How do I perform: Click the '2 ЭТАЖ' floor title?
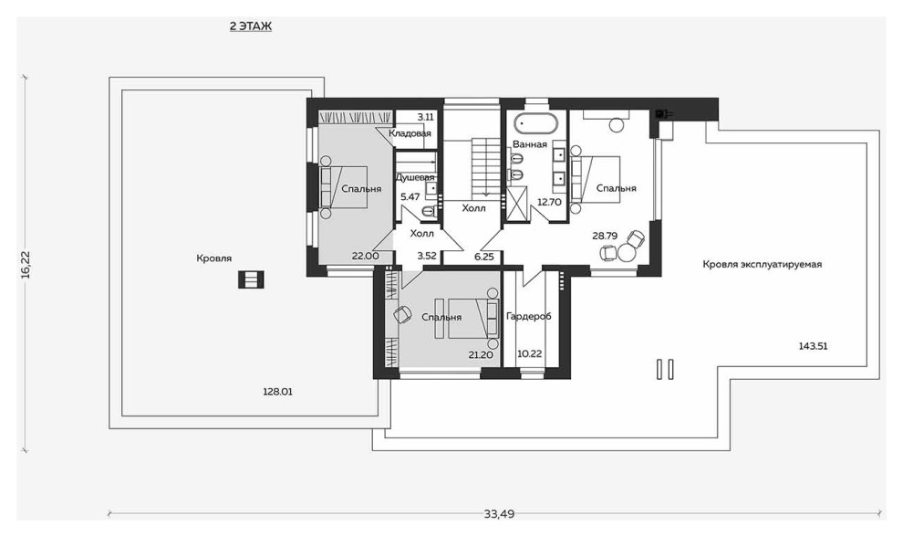click(251, 26)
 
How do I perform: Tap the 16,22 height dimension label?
click(26, 265)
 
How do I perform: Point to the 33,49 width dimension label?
click(499, 514)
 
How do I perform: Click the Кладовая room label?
click(410, 133)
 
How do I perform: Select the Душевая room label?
click(415, 178)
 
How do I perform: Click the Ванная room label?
click(530, 144)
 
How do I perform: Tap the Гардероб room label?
click(529, 316)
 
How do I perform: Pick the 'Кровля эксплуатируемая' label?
click(762, 264)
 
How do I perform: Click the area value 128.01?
click(277, 392)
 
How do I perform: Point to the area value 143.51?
click(813, 346)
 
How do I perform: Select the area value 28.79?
click(605, 236)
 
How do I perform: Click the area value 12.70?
click(549, 203)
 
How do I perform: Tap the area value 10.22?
click(529, 353)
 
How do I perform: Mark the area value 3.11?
click(426, 117)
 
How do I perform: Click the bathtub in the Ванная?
click(535, 123)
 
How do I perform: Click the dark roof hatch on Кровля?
click(251, 279)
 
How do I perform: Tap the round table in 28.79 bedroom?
click(625, 251)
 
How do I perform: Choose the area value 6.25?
click(484, 257)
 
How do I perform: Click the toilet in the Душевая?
click(429, 212)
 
